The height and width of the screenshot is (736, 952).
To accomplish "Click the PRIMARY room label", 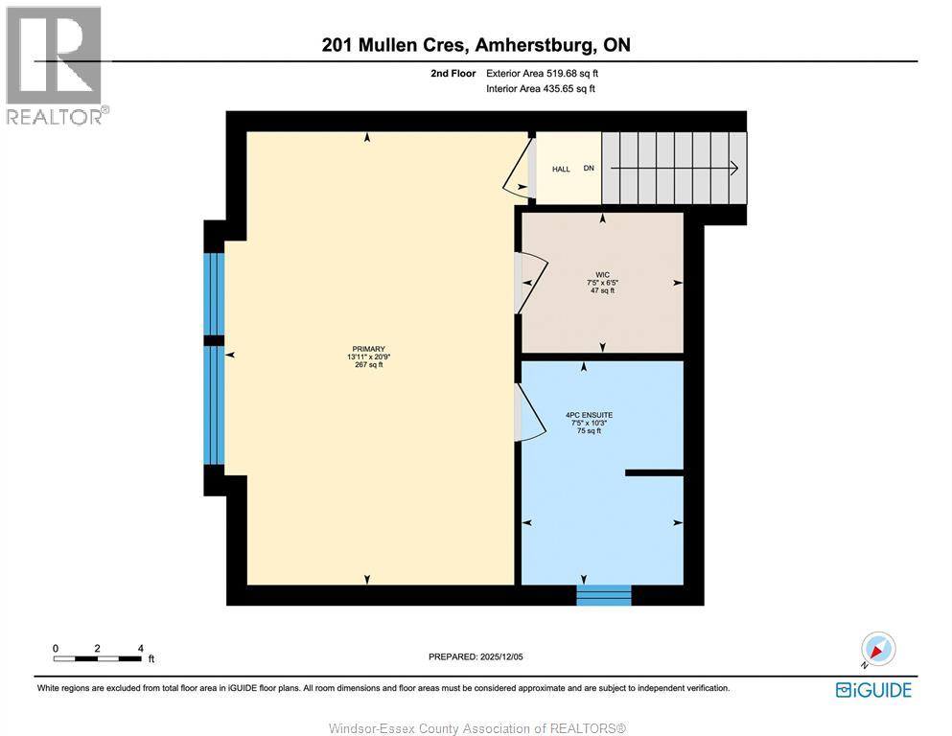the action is (x=368, y=349).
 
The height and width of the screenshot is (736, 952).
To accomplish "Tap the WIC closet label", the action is (x=602, y=275).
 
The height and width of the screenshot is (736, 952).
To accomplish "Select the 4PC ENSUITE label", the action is (x=589, y=415).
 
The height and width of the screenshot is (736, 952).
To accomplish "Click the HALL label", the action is (x=561, y=170).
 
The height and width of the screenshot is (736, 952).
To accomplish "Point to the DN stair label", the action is (x=589, y=168).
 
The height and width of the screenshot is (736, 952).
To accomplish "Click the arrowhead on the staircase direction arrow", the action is (x=734, y=168).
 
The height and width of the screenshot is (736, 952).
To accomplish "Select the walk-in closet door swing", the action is (x=533, y=283).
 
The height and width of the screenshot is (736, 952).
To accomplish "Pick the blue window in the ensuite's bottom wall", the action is (x=603, y=595).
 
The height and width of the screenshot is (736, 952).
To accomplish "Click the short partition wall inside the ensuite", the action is (x=655, y=472).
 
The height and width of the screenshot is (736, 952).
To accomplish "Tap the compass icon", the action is (x=878, y=649).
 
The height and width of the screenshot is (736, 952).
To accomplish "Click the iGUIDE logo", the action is (x=873, y=690).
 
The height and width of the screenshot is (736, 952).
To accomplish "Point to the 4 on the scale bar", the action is (x=140, y=648).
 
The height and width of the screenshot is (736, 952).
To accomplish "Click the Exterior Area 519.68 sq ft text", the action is (x=543, y=74).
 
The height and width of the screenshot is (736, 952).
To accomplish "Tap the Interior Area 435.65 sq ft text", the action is (x=541, y=88).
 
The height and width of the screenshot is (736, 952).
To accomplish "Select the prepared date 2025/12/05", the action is (x=500, y=656).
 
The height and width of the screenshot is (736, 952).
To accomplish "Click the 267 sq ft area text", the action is (x=368, y=365).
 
